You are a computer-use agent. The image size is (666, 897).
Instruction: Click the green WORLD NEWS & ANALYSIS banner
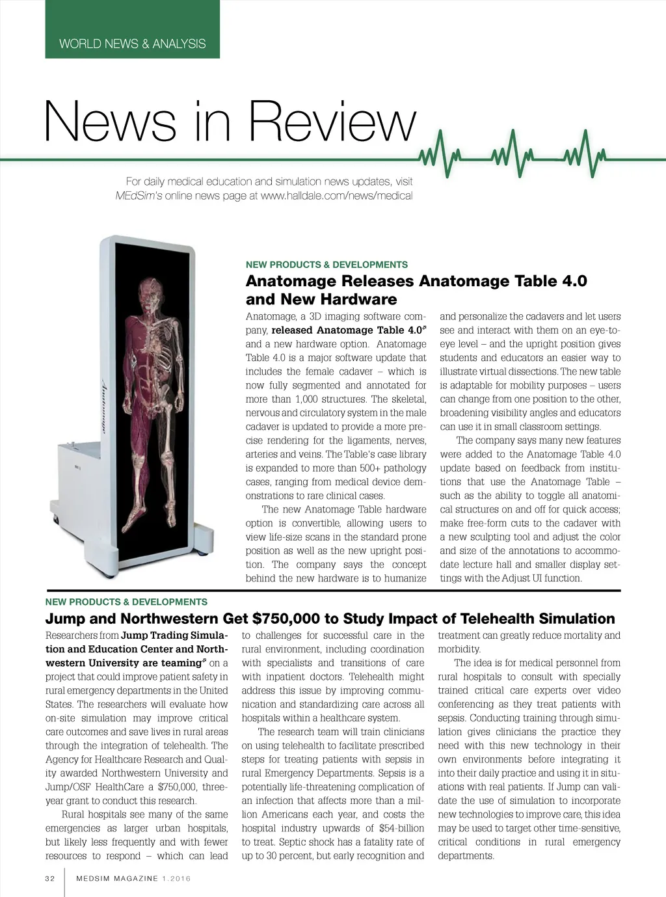[x=132, y=44]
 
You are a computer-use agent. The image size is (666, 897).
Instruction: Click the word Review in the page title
[x=332, y=122]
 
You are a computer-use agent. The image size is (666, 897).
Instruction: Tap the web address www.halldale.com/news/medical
[x=336, y=196]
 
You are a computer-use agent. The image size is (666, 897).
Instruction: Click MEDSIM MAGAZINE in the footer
[x=117, y=879]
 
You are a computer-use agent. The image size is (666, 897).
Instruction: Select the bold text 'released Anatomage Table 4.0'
[x=347, y=330]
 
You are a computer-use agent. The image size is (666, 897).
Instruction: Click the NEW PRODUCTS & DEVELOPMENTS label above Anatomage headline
[x=326, y=265]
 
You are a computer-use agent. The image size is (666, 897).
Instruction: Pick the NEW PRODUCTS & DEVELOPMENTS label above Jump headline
[x=126, y=602]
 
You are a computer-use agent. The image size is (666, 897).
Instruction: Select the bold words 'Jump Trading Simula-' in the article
[x=174, y=636]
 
